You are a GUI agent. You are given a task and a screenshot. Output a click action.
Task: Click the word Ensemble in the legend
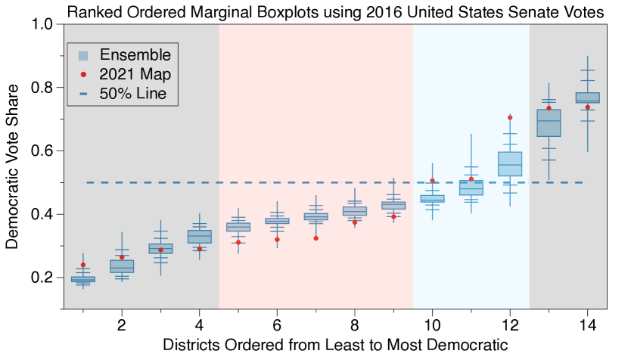point(135,55)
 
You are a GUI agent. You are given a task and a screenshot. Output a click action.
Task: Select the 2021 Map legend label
point(135,74)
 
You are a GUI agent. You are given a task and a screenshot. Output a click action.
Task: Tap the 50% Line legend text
point(132,94)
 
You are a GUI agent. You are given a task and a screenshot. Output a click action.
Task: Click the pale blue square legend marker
point(83,55)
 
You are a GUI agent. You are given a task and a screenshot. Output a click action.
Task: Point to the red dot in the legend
point(83,74)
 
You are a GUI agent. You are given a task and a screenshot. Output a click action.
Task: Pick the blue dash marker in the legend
point(83,94)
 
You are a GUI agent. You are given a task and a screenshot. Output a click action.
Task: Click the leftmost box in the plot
point(83,279)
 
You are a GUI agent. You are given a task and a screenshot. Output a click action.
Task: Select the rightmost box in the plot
point(587,98)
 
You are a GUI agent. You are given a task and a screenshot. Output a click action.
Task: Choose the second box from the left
point(122,265)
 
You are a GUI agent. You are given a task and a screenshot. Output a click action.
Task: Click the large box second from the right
point(549,123)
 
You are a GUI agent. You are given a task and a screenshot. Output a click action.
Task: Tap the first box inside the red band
point(238,227)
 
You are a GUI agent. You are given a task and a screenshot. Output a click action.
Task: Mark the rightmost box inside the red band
point(393,206)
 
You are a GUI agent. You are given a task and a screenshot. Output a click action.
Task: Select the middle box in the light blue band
point(471,188)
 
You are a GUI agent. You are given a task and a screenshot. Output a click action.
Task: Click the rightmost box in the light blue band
point(510,164)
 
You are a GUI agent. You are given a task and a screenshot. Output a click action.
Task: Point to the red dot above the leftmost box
point(83,265)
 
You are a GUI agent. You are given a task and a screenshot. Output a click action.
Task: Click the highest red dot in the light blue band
point(510,118)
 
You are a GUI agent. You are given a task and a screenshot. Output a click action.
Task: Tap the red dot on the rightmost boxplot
point(587,107)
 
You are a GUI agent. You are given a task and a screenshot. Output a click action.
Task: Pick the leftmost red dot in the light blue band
point(432,181)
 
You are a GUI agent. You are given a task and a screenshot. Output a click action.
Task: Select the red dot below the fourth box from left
point(200,248)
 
